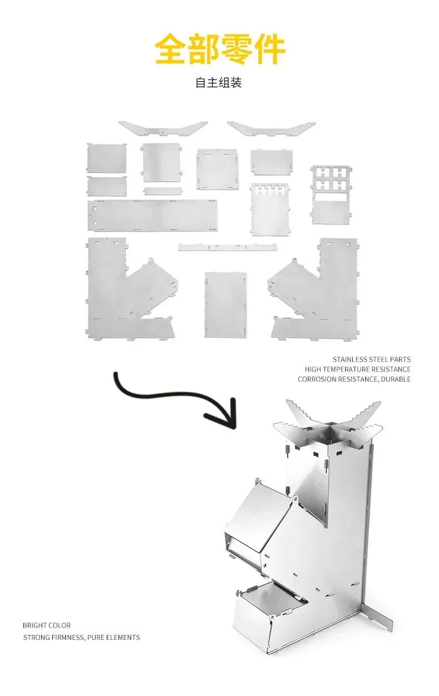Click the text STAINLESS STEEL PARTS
[372, 359]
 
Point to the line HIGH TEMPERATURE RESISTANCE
[357, 369]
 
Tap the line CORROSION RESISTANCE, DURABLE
[354, 379]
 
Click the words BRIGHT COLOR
[47, 625]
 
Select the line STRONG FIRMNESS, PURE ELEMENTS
[81, 637]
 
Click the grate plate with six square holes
[331, 194]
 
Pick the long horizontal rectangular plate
[152, 215]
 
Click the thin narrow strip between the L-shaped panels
[227, 247]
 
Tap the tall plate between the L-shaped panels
[225, 304]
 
